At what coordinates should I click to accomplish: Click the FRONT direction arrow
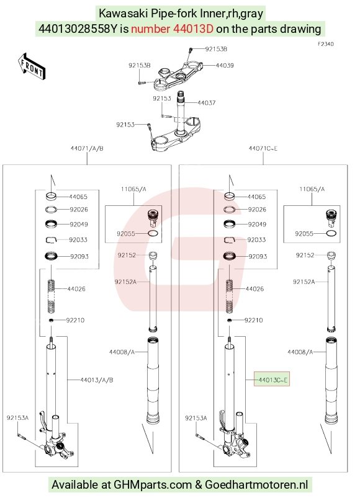32,66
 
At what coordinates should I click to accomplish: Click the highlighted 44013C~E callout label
272,380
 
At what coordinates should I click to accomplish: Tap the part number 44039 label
225,65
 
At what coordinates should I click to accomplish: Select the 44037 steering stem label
207,102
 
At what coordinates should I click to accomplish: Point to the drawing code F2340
326,44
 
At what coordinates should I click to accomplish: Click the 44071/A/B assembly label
87,148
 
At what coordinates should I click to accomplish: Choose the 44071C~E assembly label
263,148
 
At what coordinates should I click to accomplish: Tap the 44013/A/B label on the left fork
97,380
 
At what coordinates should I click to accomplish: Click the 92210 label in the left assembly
75,320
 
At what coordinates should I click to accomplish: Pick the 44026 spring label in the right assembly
254,289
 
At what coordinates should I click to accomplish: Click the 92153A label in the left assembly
17,417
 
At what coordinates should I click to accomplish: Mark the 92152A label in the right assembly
304,282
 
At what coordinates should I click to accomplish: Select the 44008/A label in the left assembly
122,352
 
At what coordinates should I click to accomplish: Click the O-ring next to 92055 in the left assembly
153,234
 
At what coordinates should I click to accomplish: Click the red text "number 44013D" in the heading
172,29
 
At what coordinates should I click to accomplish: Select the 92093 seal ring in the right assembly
230,256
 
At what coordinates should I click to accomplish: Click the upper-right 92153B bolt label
216,49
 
